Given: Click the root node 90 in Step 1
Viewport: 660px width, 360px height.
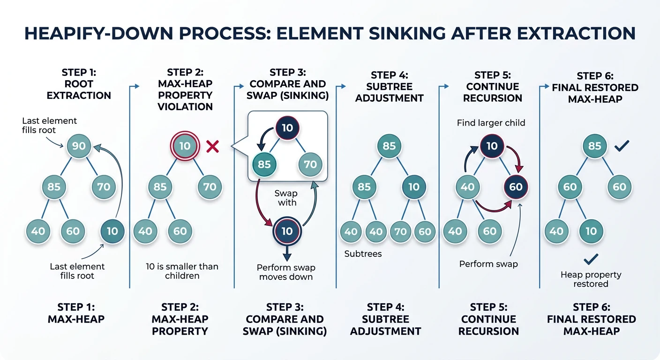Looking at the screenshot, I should point(79,146).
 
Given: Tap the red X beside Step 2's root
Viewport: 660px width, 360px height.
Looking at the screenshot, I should point(213,147).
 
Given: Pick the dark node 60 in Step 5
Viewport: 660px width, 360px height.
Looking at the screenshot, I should point(516,187).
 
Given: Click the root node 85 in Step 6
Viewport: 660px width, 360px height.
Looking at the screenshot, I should point(594,146).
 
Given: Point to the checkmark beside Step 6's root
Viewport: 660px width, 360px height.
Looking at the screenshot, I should point(622,146).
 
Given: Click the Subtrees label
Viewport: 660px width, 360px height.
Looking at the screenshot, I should point(363,254).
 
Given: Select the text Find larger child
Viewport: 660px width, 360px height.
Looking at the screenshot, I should point(491,123).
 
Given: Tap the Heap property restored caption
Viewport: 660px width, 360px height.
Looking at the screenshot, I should point(591,279).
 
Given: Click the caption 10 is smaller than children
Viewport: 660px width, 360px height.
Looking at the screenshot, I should point(182,271).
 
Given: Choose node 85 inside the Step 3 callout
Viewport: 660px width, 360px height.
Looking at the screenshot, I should point(264,165).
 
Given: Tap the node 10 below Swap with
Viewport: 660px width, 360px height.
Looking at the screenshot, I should point(287,231).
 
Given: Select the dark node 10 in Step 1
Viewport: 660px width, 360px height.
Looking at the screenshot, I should point(112,231).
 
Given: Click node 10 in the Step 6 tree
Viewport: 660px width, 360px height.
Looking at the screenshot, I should point(591,231).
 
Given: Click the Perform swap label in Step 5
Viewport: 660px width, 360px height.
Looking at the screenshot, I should point(488,264).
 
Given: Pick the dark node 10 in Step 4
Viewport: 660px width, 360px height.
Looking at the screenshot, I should point(414,187).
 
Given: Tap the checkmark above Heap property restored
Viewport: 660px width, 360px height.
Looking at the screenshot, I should point(591,258).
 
